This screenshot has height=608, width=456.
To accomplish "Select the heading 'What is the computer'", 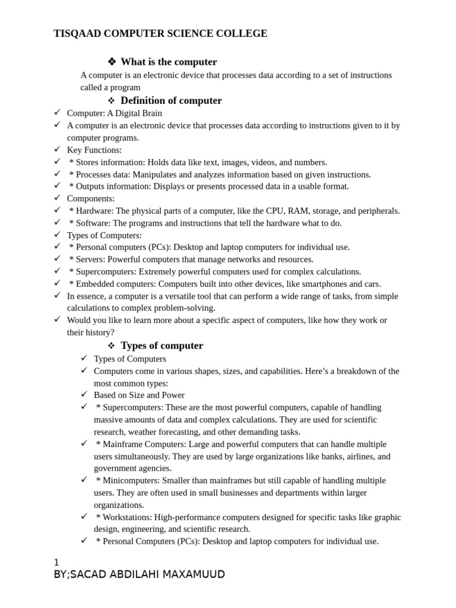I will tap(169, 62).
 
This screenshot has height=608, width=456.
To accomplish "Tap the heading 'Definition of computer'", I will tap(171, 100).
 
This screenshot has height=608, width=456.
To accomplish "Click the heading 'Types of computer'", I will tap(161, 346).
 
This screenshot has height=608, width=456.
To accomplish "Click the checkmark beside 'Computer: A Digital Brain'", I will tap(58, 112).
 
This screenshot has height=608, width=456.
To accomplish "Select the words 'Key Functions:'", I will tap(94, 150).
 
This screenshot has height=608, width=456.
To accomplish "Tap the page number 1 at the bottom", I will tap(56, 562).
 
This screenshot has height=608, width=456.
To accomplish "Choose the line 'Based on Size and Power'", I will tap(139, 395).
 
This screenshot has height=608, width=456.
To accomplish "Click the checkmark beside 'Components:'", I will tap(58, 198).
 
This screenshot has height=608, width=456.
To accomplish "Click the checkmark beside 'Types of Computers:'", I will tap(58, 235).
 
